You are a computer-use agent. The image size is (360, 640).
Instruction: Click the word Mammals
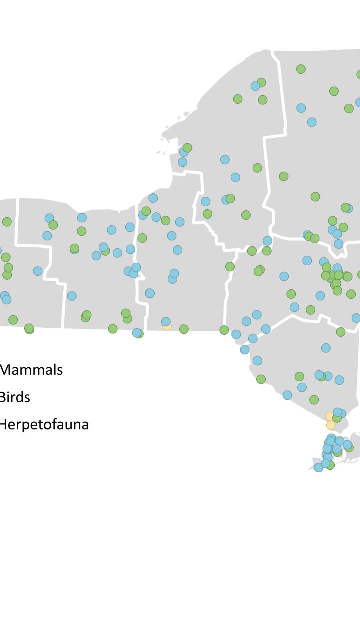[x=31, y=370]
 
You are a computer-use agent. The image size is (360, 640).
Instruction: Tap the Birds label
[x=15, y=398]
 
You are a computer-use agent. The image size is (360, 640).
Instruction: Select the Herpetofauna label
[x=44, y=425]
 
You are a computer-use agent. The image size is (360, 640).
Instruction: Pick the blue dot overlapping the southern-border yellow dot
[x=166, y=321]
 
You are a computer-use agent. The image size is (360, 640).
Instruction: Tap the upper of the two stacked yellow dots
[x=329, y=416]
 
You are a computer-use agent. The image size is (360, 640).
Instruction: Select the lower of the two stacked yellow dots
[x=331, y=425]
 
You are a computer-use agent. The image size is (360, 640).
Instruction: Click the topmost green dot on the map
[x=301, y=69]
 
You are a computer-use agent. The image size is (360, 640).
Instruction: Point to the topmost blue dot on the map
[x=255, y=86]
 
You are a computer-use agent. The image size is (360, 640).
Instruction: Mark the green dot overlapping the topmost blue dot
[x=261, y=83]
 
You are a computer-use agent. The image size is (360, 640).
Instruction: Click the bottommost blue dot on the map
[x=318, y=467]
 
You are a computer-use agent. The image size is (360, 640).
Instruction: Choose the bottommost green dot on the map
[x=330, y=465]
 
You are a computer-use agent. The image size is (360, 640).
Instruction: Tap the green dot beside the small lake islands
[x=187, y=148]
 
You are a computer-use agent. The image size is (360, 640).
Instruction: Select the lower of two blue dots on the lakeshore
[x=182, y=162]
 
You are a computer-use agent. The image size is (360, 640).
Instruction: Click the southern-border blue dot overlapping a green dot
[x=136, y=332]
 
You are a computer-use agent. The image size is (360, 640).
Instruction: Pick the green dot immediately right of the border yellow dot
[x=184, y=329]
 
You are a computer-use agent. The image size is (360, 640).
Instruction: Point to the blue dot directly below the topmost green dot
[x=301, y=108]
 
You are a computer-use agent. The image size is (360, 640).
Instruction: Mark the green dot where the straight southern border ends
[x=224, y=330]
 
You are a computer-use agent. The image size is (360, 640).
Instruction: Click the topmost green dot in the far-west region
[x=7, y=222]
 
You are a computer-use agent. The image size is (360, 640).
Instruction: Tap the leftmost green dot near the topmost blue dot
[x=238, y=99]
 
